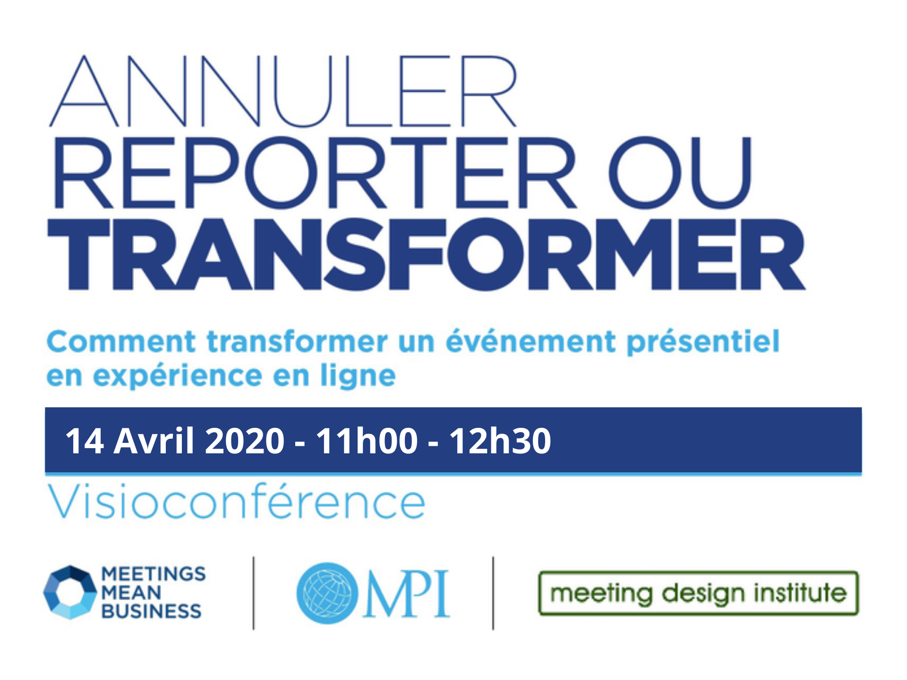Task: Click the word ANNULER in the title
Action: tap(283, 91)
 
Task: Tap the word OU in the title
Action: tap(680, 173)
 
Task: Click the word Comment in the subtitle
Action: tap(121, 341)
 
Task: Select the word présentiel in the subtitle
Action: tap(702, 342)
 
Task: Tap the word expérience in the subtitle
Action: tap(178, 376)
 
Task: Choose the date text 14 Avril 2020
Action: tap(175, 441)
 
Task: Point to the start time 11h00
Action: tap(367, 441)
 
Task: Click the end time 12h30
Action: tap(500, 441)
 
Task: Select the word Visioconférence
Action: tap(236, 501)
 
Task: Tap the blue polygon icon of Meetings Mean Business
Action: tap(70, 592)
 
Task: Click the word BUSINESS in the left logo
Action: tap(151, 611)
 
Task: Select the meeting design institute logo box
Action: tap(698, 593)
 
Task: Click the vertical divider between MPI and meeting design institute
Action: tap(493, 593)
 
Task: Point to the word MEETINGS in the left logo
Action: tap(154, 574)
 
